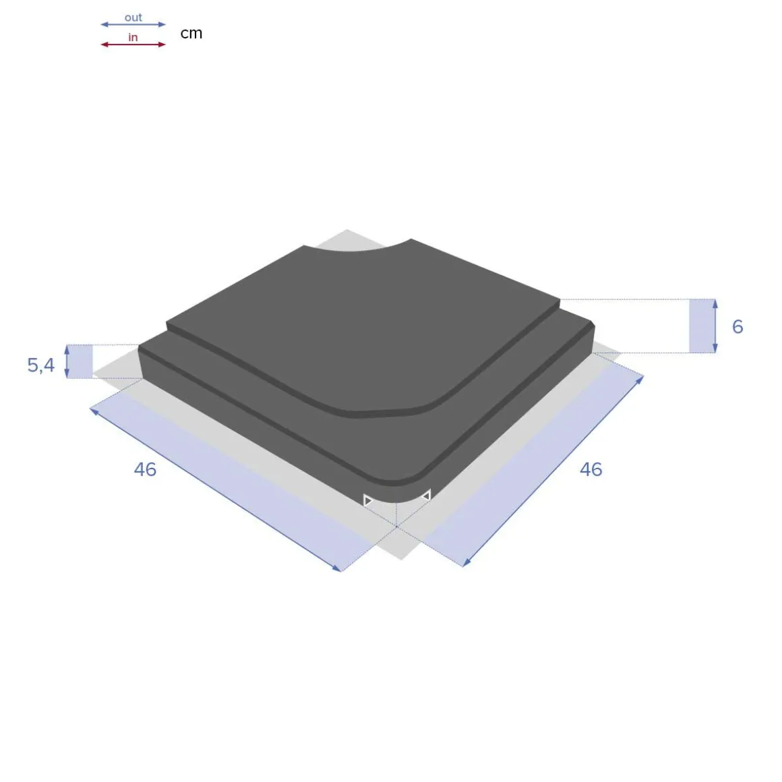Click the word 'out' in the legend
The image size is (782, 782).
click(x=133, y=18)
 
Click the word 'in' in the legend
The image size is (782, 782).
click(x=133, y=37)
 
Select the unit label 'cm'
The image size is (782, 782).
click(x=191, y=33)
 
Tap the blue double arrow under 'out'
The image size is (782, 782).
click(x=133, y=25)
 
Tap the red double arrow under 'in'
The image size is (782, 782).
click(x=133, y=44)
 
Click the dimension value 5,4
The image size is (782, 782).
click(x=40, y=365)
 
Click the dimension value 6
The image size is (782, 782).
click(x=738, y=326)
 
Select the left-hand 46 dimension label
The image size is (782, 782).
click(x=145, y=469)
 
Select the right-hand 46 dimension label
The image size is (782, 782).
click(x=591, y=469)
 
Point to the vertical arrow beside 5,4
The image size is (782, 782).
click(x=67, y=361)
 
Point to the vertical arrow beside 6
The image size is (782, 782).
click(x=715, y=326)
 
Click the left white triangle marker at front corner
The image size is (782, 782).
click(x=368, y=500)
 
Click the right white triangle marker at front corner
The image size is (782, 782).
click(x=426, y=496)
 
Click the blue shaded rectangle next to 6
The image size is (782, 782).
click(x=701, y=326)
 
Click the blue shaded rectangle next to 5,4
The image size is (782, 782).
click(x=81, y=361)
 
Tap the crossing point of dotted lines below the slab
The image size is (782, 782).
click(x=396, y=527)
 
